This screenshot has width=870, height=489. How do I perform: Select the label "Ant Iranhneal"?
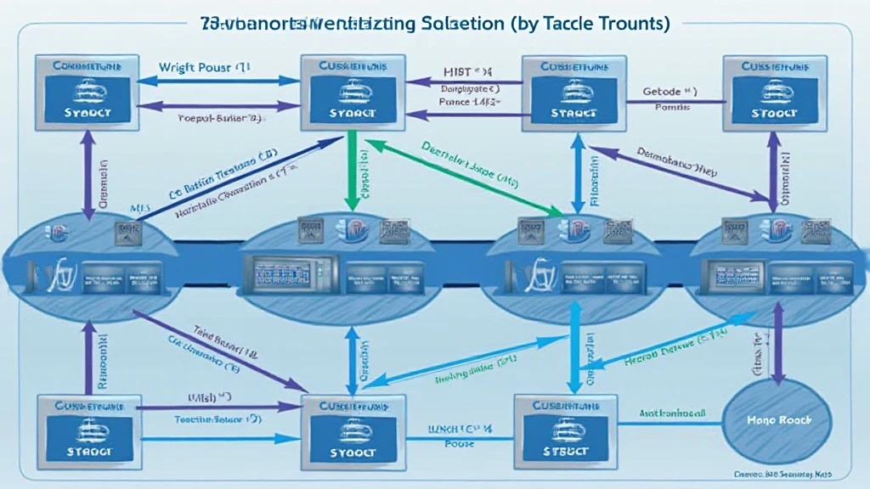tap(671, 413)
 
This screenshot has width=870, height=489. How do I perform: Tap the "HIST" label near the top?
tap(458, 73)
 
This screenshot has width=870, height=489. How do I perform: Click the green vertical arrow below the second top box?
tap(348, 170)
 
